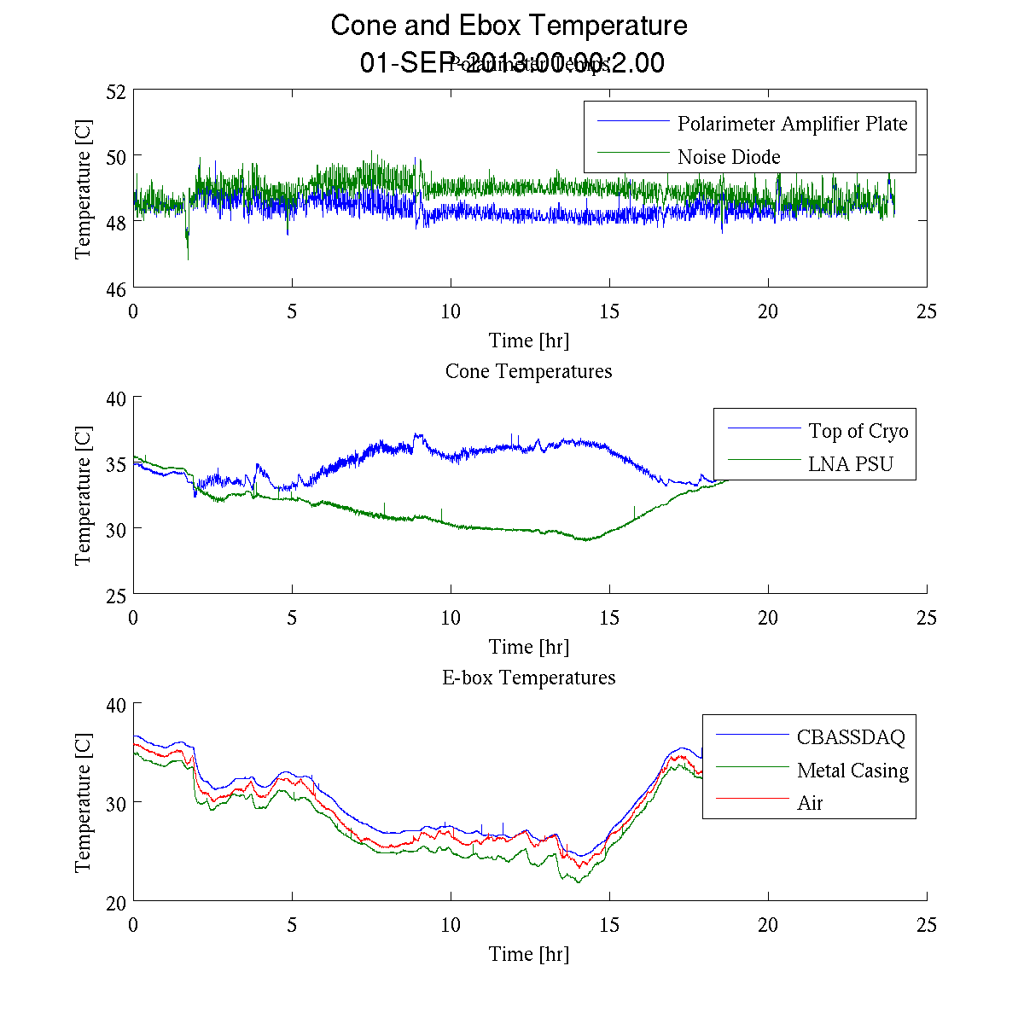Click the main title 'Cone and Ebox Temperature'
tap(509, 26)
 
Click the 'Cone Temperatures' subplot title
tap(528, 371)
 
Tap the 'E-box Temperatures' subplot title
tap(528, 678)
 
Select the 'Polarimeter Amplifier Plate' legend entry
tap(792, 124)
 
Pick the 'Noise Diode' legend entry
tap(729, 157)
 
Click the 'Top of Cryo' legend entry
tap(858, 431)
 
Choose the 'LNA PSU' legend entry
tap(850, 464)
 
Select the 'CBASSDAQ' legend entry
tap(850, 737)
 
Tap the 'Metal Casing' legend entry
tap(852, 771)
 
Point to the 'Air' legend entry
tap(810, 803)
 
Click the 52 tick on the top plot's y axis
tap(117, 90)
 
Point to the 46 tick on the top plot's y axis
tap(117, 289)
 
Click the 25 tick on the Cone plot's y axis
tap(117, 596)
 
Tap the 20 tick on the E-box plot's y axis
tap(117, 902)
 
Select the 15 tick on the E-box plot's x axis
tap(609, 925)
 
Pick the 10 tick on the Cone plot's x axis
tap(451, 618)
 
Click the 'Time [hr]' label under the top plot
tap(528, 340)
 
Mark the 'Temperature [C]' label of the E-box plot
tap(83, 802)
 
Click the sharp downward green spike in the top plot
tap(188, 256)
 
